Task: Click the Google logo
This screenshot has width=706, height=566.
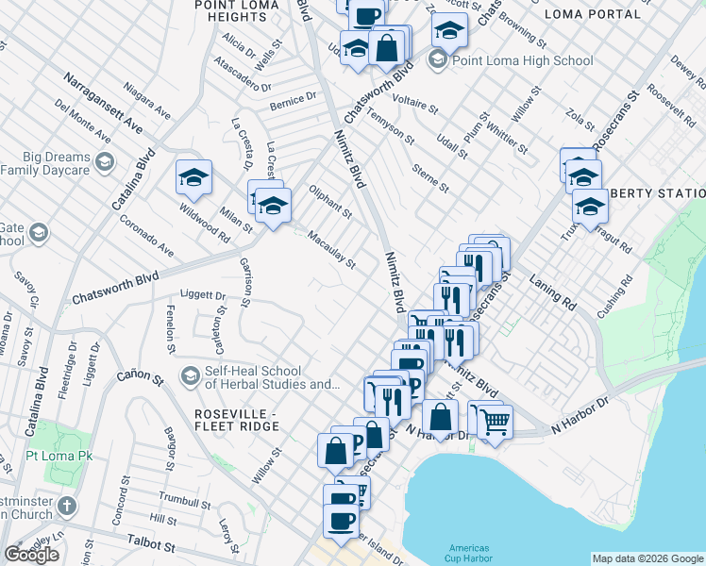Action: coord(31,555)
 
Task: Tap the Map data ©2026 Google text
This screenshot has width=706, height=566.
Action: coord(647,558)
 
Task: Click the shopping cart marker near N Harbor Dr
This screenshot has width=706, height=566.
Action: coord(494,421)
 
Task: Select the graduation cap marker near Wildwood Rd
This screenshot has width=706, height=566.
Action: coord(193,177)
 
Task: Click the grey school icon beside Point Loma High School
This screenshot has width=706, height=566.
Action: coord(437,61)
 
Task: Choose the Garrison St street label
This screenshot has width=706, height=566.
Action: coord(245,284)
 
